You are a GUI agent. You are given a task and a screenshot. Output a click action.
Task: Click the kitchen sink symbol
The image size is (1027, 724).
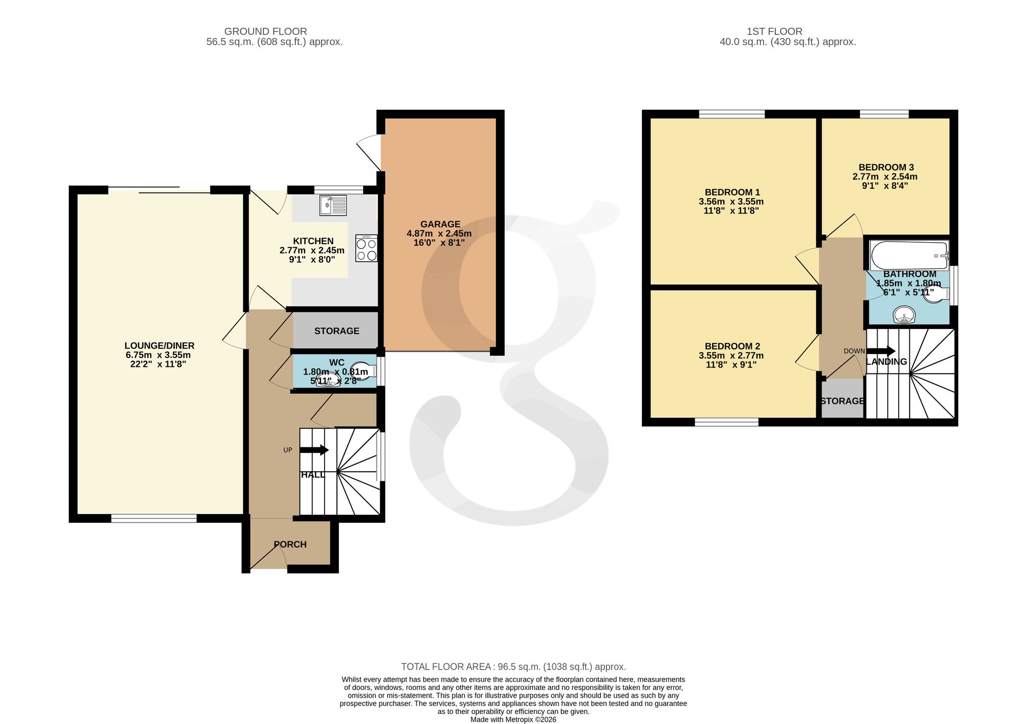333,205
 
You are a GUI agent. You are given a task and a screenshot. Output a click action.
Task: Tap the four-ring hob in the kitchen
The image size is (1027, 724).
367,248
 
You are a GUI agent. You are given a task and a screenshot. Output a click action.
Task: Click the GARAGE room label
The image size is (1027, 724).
440,224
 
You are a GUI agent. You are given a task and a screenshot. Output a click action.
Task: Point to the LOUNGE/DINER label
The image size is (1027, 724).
160,346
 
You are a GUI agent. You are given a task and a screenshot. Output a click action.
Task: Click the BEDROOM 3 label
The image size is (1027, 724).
886,167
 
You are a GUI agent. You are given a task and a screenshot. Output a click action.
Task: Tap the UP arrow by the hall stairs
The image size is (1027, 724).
314,450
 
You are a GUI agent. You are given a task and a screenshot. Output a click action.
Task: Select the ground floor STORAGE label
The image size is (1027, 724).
337,331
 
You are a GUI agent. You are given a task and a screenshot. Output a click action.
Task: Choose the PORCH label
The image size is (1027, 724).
290,544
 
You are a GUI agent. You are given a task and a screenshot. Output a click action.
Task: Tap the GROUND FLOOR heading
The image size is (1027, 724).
265,32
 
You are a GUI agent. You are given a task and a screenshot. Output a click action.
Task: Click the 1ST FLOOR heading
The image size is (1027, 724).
774,32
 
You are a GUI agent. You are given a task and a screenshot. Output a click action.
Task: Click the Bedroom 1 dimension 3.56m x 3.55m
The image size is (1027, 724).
731,202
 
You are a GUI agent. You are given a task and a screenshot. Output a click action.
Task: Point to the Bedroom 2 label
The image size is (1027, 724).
732,346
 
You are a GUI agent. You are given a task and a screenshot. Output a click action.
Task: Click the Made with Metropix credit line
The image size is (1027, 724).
513,719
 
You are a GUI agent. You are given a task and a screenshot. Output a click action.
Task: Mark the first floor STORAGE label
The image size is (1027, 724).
843,401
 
